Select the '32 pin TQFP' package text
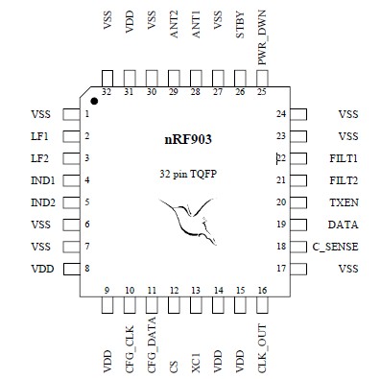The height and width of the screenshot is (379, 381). click(x=189, y=176)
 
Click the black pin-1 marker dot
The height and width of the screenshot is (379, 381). click(x=95, y=100)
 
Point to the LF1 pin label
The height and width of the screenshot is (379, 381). click(x=39, y=136)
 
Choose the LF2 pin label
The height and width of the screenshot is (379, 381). click(x=39, y=158)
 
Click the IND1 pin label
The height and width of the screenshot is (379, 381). click(x=41, y=180)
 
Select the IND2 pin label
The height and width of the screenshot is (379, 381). click(x=41, y=202)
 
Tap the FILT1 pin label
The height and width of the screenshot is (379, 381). click(x=342, y=158)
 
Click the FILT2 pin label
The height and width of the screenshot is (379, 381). click(x=342, y=180)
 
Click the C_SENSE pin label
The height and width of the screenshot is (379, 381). click(x=335, y=247)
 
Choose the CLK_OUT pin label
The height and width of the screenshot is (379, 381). click(x=262, y=343)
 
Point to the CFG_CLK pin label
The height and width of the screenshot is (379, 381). click(x=129, y=343)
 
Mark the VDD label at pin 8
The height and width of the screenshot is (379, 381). click(x=40, y=269)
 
